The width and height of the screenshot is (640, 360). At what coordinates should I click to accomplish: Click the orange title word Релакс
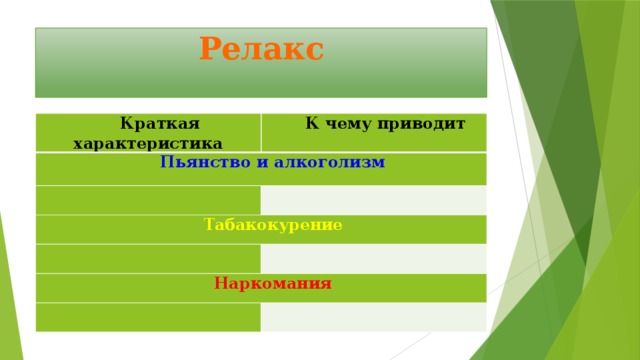(x=261, y=48)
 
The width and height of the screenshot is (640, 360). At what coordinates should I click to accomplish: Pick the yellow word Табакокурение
(x=273, y=225)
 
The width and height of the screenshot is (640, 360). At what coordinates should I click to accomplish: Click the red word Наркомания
(x=273, y=283)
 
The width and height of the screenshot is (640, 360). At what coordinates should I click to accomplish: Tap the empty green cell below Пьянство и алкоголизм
(x=148, y=200)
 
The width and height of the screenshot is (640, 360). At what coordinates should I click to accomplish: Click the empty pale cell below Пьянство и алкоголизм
(x=373, y=200)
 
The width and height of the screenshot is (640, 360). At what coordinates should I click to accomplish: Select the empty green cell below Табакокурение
(x=148, y=258)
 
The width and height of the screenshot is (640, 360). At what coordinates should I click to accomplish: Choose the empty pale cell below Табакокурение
(x=373, y=258)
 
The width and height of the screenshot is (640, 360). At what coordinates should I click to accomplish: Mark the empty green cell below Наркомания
(x=148, y=316)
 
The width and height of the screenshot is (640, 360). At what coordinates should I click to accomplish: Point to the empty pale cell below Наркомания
(x=373, y=316)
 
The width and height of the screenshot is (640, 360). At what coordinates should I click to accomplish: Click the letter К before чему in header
(x=310, y=124)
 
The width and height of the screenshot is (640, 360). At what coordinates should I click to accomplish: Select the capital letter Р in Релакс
(x=210, y=48)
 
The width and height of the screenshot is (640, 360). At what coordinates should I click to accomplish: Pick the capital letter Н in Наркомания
(x=220, y=283)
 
